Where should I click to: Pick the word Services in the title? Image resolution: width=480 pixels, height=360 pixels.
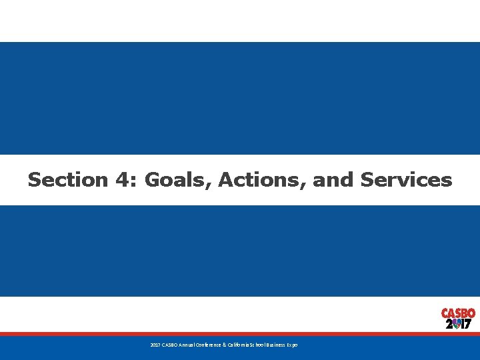pos(406,180)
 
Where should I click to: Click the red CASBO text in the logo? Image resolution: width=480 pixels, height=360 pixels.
pos(458,313)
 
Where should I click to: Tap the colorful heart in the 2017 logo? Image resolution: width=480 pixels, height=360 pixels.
pos(457,324)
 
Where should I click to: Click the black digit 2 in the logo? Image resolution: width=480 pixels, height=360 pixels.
pos(449,325)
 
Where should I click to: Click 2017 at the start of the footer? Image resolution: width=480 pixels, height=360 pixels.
pos(155,345)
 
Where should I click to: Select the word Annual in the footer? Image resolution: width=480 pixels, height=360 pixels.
pos(187,345)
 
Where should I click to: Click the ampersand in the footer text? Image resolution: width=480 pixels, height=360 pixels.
pos(225,345)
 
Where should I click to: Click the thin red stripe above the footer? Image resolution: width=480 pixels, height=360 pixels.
pos(240,334)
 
